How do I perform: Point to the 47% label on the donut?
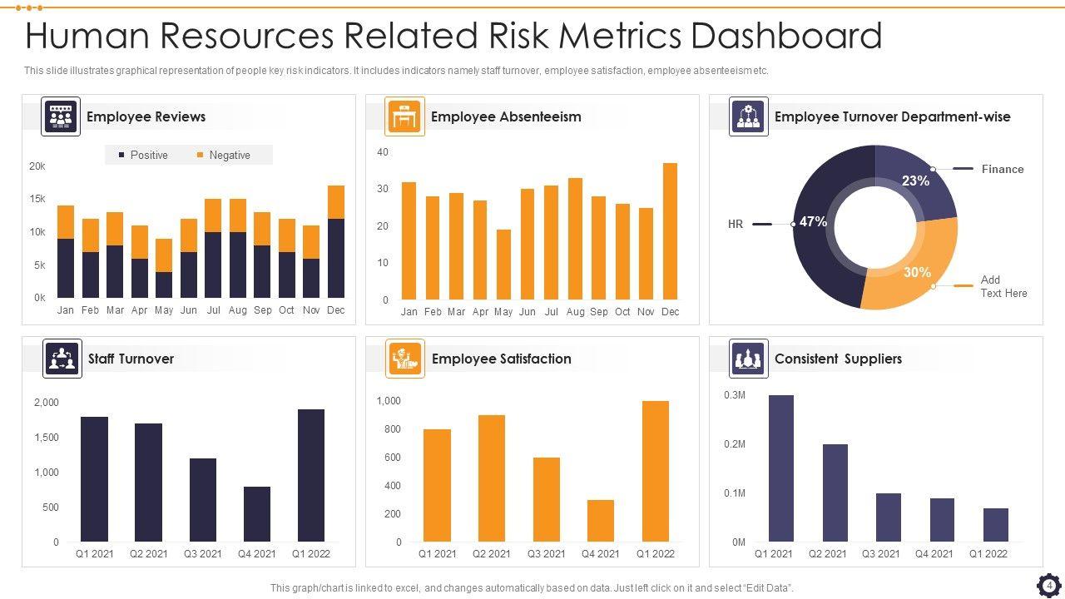click(x=813, y=222)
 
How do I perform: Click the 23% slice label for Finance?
click(x=915, y=181)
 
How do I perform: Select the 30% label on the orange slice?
click(x=917, y=272)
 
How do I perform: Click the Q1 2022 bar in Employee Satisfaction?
click(x=656, y=472)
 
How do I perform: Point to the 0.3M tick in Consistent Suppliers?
click(x=735, y=395)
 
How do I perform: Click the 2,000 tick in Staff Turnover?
click(x=47, y=403)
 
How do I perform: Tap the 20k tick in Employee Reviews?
click(x=37, y=166)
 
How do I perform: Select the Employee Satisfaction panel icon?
click(x=405, y=359)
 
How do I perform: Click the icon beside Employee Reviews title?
click(x=61, y=116)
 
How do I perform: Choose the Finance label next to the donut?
click(x=1002, y=169)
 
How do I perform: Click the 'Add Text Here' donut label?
click(x=1003, y=286)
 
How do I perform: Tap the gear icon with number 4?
click(x=1049, y=585)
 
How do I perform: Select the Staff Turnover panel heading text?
click(x=131, y=359)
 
